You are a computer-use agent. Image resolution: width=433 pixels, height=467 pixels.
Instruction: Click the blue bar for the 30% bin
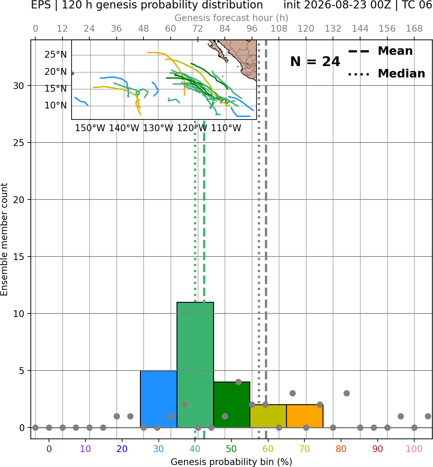point(158,399)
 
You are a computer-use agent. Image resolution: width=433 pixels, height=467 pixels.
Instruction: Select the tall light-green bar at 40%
point(195,365)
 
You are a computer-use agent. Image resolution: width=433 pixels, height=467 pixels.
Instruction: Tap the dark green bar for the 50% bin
point(232,405)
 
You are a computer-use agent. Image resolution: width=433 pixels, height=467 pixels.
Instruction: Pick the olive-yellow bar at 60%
point(268,416)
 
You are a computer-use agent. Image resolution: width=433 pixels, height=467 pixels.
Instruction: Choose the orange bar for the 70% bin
point(305,416)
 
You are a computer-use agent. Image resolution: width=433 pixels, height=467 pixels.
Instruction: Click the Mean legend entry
point(380,51)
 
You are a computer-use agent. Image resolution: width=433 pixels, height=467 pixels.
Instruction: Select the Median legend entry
point(387,74)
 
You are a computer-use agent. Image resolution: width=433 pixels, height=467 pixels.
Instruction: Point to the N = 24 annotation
point(315,62)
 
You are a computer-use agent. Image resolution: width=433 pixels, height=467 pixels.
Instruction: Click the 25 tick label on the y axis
point(18,143)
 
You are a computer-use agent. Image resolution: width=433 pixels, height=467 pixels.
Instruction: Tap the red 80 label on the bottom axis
point(341,449)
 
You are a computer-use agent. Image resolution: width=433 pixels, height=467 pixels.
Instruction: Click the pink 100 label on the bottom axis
point(414,449)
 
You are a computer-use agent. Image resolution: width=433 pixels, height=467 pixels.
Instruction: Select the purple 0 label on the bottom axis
point(49,449)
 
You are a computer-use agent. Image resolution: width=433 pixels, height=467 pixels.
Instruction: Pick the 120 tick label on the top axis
point(306,29)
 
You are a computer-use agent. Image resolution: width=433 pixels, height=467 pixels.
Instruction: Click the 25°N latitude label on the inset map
point(56,54)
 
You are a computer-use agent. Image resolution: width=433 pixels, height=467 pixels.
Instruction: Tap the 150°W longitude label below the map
point(90,128)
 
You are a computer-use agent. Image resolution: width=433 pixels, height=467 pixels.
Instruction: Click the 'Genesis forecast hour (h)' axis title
point(232,18)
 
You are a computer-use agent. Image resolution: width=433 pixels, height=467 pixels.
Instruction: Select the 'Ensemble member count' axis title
point(4,239)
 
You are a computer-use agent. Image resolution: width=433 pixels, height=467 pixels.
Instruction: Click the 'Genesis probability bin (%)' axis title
point(232,462)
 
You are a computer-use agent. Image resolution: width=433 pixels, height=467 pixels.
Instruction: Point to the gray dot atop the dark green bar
point(238,382)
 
